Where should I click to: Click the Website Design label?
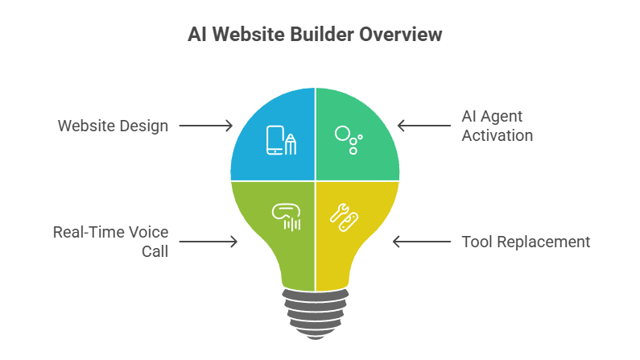(x=113, y=126)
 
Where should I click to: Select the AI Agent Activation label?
(x=497, y=125)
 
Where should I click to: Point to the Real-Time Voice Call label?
(x=111, y=241)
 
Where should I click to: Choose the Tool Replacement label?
(x=526, y=242)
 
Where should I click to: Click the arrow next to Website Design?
(x=206, y=126)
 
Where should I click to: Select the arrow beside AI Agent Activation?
(x=424, y=125)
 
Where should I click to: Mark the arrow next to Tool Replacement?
(x=420, y=242)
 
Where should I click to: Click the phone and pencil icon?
(x=281, y=141)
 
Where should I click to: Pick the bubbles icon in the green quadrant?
(x=349, y=139)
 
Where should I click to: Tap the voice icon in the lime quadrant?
(x=287, y=216)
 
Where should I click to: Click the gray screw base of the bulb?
(x=315, y=309)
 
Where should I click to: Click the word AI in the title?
(x=196, y=35)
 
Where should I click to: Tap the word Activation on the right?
(x=497, y=135)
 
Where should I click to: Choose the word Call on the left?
(x=157, y=251)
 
